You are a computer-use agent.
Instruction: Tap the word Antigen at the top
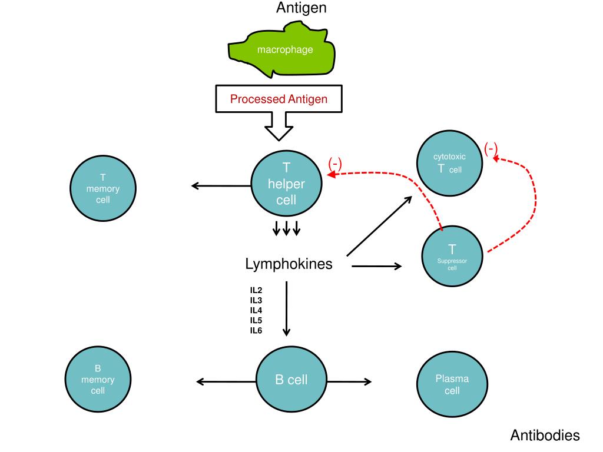(x=301, y=8)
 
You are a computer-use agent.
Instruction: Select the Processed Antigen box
(x=279, y=99)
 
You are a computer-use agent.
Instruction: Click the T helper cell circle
(x=286, y=184)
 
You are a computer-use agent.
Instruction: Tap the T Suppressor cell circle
(x=452, y=256)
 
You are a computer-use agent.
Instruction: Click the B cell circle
(x=291, y=380)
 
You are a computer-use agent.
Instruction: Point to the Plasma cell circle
(x=452, y=384)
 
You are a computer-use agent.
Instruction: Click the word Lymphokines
(x=289, y=264)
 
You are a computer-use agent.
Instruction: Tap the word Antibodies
(x=545, y=436)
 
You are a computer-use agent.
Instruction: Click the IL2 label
(x=256, y=290)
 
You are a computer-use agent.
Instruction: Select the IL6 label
(x=256, y=330)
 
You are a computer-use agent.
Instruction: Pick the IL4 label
(x=256, y=310)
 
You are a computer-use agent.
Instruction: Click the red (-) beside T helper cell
(x=335, y=164)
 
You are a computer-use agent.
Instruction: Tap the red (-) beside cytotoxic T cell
(x=491, y=149)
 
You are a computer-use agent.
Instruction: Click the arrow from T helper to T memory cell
(x=221, y=186)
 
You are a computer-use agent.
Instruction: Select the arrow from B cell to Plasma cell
(x=349, y=381)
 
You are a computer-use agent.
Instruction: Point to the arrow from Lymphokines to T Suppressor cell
(x=376, y=267)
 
